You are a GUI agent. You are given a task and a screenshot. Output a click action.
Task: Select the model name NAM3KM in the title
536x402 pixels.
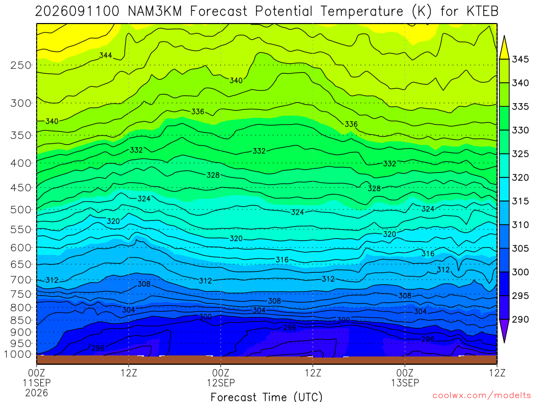click(155, 12)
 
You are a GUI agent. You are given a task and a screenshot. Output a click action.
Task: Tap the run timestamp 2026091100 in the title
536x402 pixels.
click(77, 12)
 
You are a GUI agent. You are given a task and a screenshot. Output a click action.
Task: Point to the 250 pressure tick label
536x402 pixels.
click(21, 65)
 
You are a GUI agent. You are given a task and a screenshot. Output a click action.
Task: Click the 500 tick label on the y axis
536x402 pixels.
click(21, 209)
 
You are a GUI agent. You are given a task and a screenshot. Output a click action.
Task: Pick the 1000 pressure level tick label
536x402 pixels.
click(17, 354)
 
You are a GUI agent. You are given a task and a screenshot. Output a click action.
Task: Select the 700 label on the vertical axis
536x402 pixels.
click(21, 280)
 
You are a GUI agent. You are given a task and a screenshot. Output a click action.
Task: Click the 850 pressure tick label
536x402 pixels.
click(21, 320)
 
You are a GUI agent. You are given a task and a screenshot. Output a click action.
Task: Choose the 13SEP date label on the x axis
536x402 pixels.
click(405, 383)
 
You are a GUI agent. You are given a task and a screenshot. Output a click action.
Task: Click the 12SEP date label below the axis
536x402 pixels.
click(221, 383)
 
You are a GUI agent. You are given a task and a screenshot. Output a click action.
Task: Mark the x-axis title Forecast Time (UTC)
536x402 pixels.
click(266, 397)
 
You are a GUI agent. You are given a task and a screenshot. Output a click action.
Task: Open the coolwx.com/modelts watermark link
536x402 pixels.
click(482, 396)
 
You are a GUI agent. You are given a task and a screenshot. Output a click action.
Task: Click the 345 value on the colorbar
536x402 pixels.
click(520, 59)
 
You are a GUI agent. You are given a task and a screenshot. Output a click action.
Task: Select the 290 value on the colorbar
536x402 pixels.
click(520, 319)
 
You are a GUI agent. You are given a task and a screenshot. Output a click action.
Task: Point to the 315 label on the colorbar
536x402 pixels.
click(520, 201)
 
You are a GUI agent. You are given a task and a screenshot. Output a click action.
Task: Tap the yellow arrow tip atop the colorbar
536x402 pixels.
click(504, 36)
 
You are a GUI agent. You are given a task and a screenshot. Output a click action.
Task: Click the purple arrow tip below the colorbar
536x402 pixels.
click(504, 342)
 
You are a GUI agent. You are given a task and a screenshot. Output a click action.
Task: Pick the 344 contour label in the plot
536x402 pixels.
click(106, 55)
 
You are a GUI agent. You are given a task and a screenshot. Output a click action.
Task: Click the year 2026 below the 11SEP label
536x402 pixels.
click(37, 393)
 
